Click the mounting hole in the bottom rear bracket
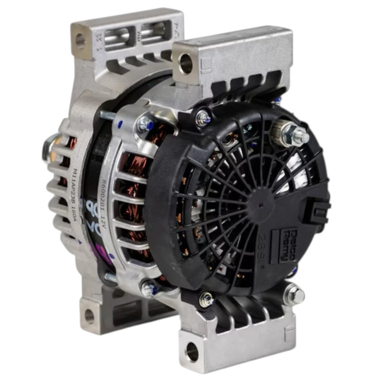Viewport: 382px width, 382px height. tap(89, 315)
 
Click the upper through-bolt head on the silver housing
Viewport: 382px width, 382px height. tap(145, 123)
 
